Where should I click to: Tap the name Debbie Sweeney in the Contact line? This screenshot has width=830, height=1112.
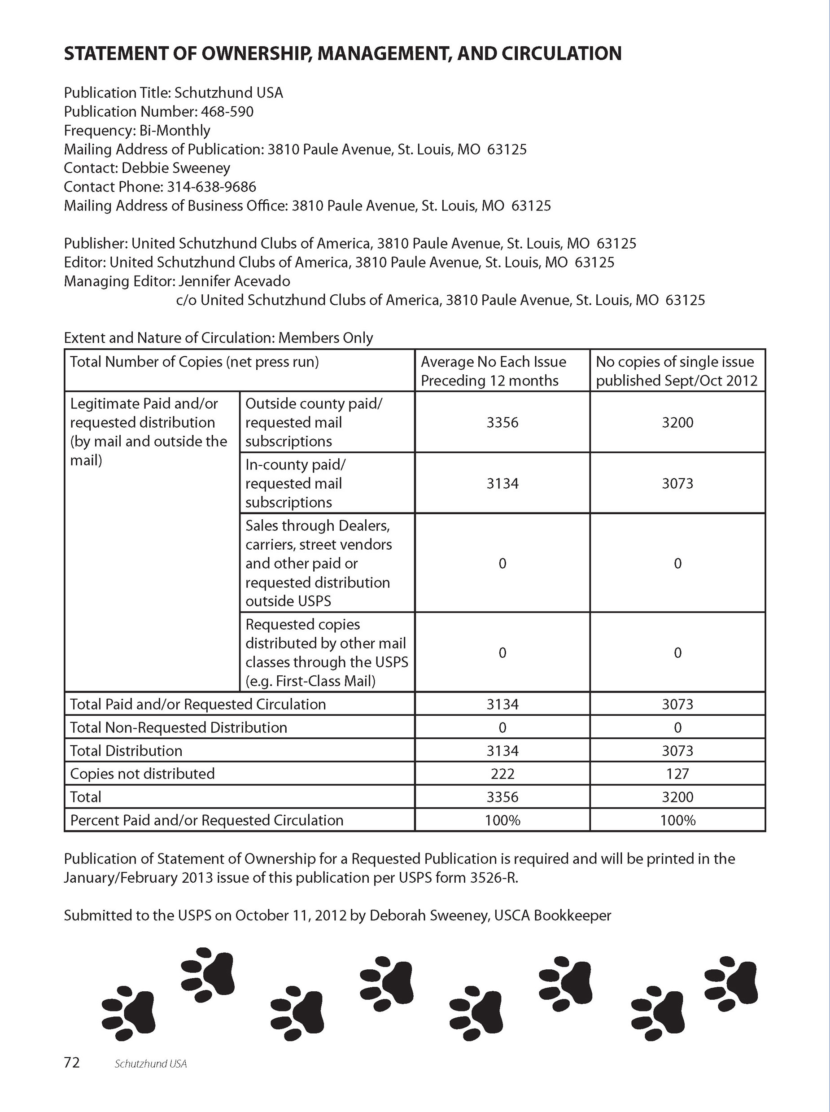176,168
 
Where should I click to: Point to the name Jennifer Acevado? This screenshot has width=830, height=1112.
234,281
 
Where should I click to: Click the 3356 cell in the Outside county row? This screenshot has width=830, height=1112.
502,423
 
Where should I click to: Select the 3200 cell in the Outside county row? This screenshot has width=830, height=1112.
677,423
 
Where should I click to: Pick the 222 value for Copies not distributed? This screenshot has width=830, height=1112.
502,773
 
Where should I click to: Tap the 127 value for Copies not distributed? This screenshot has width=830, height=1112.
677,773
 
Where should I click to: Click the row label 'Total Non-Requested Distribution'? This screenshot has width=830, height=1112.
179,727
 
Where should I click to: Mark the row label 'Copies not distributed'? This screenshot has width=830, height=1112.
142,773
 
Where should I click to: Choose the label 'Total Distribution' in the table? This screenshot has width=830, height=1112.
126,751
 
